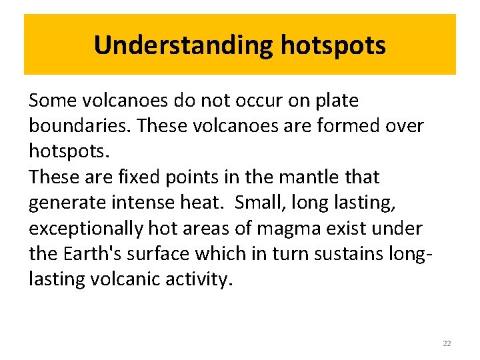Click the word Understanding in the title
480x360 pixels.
(184, 45)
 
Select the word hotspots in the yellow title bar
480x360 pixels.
(333, 45)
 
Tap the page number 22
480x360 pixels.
(447, 343)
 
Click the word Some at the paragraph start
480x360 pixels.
(53, 101)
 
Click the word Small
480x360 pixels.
(261, 203)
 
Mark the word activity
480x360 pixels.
(199, 279)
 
